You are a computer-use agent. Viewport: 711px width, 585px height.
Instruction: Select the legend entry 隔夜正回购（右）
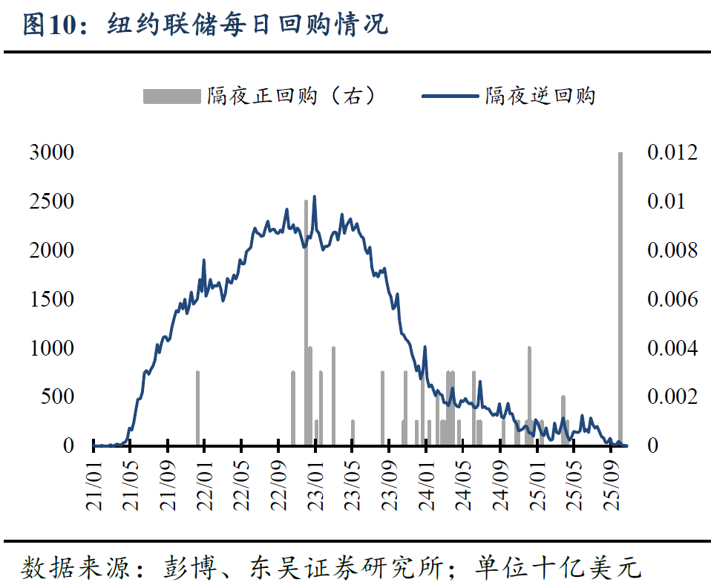point(291,96)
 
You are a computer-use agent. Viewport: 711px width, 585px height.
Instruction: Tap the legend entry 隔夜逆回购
point(540,96)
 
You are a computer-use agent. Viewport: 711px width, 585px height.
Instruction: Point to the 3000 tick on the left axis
point(51,153)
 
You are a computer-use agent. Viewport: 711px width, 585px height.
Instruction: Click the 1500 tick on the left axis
point(51,299)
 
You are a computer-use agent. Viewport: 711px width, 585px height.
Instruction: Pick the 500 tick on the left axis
point(56,396)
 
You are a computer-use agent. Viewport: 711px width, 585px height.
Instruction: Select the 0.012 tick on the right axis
point(672,153)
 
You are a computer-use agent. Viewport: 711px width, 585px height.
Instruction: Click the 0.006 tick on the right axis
point(672,299)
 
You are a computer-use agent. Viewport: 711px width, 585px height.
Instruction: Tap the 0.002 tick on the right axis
point(672,396)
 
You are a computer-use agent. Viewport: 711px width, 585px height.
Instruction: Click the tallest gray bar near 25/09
point(620,297)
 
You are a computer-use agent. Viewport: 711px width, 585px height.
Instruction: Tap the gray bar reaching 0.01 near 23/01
point(306,319)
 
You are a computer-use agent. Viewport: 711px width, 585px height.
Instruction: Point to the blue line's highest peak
point(314,197)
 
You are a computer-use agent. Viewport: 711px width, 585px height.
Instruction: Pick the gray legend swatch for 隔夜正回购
point(172,96)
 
